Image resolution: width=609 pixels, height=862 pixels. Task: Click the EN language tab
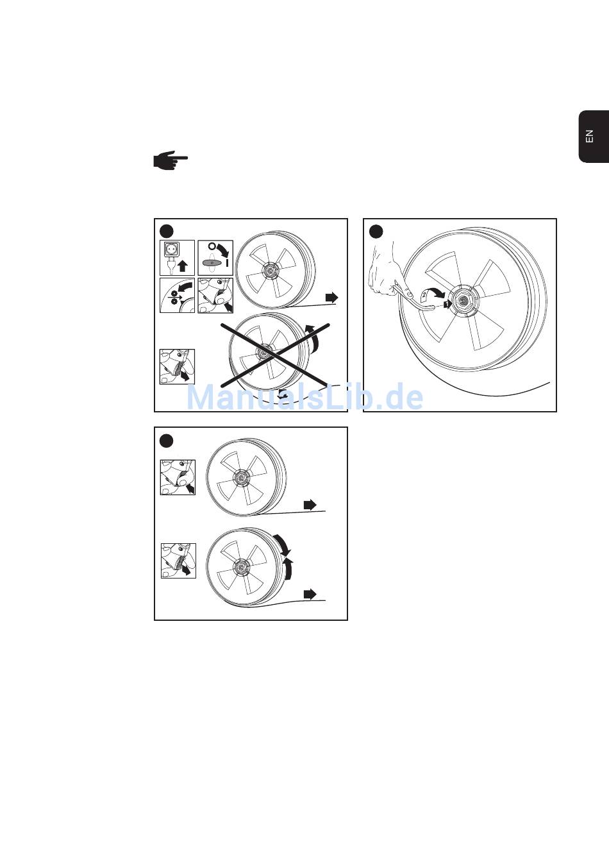tap(594, 137)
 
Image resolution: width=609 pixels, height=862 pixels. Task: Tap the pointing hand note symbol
tap(171, 160)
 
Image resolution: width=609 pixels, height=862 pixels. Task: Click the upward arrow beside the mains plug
tap(183, 266)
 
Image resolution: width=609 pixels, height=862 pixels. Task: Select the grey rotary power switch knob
tap(213, 262)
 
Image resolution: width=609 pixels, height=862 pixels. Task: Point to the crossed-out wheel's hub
tap(264, 351)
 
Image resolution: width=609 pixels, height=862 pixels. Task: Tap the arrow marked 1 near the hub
tap(447, 304)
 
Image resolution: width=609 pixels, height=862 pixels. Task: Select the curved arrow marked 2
tap(432, 293)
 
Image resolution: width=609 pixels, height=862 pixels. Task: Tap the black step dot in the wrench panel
tap(376, 232)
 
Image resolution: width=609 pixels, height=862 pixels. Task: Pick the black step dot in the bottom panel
tap(167, 441)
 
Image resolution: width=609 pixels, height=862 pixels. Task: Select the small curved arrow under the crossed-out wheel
tap(283, 395)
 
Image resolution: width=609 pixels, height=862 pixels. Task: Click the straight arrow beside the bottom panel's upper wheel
tap(310, 505)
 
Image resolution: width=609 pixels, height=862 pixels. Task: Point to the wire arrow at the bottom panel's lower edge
tap(310, 594)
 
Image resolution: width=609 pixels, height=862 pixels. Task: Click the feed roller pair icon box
tap(178, 296)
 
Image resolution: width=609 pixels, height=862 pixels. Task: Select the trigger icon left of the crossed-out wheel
tap(178, 367)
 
